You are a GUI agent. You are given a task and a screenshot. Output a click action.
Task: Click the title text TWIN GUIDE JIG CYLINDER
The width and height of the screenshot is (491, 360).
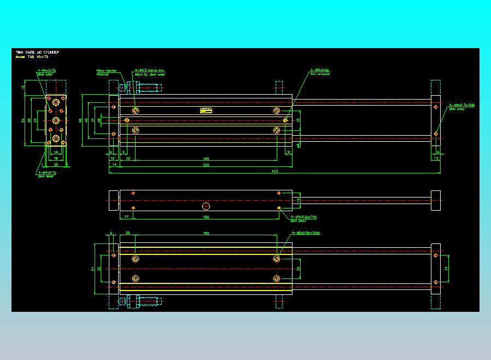37,52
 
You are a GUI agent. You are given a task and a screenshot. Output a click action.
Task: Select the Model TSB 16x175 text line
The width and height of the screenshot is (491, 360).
32,57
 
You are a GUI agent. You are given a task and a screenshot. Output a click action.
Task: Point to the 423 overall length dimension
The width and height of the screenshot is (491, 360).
273,172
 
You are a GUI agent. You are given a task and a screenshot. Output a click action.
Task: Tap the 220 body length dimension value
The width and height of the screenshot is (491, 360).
206,164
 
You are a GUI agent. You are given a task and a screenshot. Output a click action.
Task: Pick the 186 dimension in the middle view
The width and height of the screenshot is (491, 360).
206,217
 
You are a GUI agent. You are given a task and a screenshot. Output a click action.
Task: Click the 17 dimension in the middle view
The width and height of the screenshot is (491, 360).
126,217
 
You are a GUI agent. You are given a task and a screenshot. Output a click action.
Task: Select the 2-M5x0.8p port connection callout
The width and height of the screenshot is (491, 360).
319,71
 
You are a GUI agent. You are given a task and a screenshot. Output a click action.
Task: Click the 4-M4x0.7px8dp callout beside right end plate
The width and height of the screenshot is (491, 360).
462,104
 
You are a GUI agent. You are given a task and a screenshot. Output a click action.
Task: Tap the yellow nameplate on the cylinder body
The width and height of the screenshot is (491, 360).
206,110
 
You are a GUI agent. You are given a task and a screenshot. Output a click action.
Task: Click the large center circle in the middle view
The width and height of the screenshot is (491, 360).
206,206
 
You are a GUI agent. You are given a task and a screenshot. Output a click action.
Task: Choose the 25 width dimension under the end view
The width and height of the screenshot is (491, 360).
56,164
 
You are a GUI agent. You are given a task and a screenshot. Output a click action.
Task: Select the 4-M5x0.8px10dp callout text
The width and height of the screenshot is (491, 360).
306,233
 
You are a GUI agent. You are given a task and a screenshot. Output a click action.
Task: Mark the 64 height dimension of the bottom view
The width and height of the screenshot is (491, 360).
92,269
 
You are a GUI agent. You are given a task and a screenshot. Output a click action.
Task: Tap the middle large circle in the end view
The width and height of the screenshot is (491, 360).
56,120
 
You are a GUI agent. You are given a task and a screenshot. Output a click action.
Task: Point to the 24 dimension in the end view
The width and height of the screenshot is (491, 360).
36,120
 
